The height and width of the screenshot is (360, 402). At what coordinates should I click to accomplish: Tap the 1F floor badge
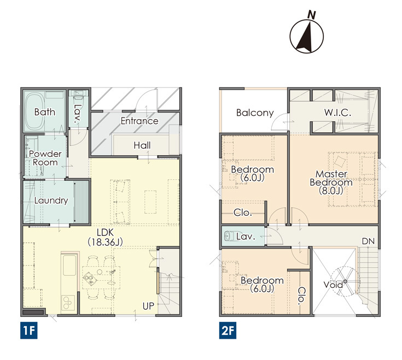28,331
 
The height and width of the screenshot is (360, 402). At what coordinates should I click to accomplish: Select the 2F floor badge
228,331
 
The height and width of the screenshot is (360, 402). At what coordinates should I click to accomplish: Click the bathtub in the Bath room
34,111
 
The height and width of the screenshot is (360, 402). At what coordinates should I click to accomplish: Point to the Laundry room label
51,200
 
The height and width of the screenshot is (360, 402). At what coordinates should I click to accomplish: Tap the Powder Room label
45,158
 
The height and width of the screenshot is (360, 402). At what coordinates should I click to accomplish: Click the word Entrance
139,121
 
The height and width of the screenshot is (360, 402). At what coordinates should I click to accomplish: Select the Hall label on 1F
142,145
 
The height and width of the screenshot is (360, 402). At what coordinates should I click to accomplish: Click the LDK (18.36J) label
105,237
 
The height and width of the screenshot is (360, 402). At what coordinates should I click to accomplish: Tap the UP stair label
148,306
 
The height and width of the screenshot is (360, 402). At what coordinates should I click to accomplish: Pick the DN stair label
368,241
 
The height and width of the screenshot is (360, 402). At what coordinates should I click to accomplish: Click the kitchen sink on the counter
69,265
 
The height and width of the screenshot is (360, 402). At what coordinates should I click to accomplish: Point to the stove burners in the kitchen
68,303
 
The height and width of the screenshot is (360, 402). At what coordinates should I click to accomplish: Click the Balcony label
255,113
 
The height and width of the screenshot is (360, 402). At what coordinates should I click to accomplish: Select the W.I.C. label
337,113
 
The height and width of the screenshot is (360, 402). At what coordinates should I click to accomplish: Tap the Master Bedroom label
331,182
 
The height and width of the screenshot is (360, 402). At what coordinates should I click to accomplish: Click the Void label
333,285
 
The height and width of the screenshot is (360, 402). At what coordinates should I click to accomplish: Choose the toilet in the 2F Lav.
229,236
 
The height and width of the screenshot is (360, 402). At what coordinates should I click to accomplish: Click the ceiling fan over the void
345,281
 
